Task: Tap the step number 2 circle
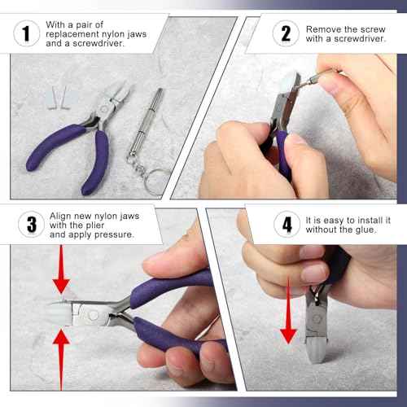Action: (x=285, y=34)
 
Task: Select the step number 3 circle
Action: (x=30, y=225)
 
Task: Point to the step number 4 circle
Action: (x=286, y=225)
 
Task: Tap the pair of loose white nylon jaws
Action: (x=55, y=100)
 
